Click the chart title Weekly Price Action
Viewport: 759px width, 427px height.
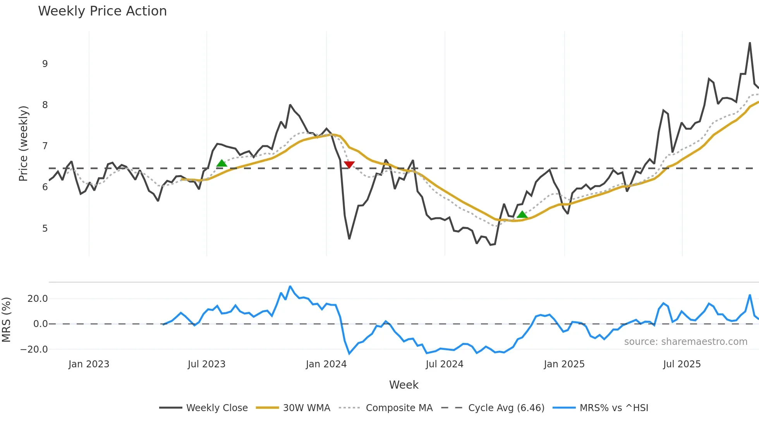tap(102, 11)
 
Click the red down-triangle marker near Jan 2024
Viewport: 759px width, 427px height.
tap(349, 165)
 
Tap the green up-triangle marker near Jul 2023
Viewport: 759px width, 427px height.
tap(222, 164)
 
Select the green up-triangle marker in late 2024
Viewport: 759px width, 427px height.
tap(522, 215)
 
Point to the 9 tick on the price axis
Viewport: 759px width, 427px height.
tap(45, 64)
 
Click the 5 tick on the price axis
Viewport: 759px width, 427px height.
tap(45, 229)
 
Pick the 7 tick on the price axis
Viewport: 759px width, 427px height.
tap(45, 146)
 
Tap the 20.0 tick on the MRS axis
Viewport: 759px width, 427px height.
tap(38, 299)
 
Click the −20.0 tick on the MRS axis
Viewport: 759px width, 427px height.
tap(34, 350)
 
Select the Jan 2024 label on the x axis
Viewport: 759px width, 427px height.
tap(326, 364)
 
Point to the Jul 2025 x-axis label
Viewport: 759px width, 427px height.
tap(682, 364)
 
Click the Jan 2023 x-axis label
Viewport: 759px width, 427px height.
tap(89, 364)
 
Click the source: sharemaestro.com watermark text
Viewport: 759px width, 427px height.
tap(685, 342)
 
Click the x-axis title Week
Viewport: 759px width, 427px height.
tap(404, 385)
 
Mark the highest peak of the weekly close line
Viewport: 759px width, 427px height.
tap(750, 43)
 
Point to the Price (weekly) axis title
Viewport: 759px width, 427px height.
tap(23, 143)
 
